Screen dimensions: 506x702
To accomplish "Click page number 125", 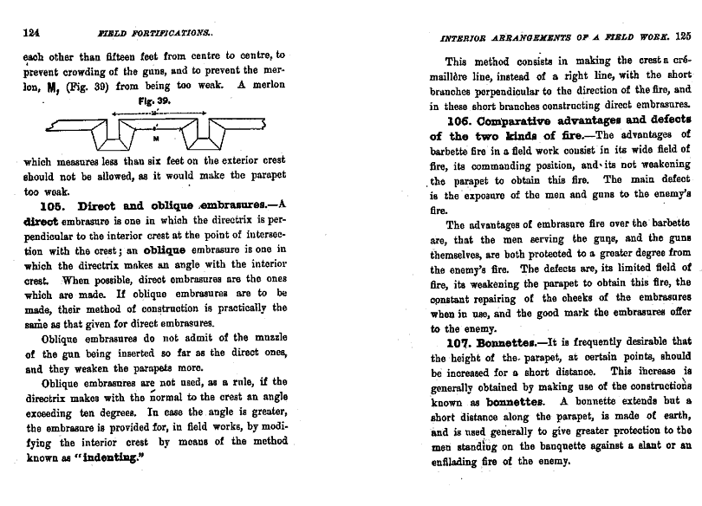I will tap(682, 36).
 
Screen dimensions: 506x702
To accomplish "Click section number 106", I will tap(458, 120).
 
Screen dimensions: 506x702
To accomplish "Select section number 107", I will tap(458, 341).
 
